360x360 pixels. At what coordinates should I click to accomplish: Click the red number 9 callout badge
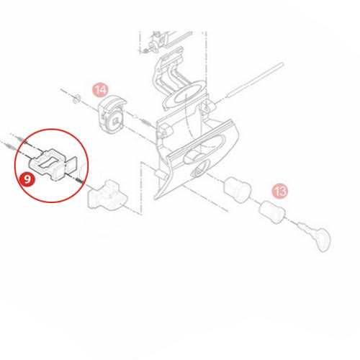(27, 179)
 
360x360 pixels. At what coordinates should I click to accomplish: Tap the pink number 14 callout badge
(100, 90)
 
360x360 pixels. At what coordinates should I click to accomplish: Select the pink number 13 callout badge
(279, 192)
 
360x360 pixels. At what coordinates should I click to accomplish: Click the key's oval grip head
(323, 240)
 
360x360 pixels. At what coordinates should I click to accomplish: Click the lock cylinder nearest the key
(272, 212)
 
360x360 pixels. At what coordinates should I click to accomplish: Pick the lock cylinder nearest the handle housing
(238, 189)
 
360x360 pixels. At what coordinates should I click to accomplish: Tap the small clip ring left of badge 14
(76, 99)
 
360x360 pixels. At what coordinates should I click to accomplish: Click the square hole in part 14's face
(116, 121)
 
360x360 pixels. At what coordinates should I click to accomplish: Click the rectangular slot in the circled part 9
(48, 162)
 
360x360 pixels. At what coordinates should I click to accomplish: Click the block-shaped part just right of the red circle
(107, 194)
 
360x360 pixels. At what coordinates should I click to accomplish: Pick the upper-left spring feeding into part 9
(21, 139)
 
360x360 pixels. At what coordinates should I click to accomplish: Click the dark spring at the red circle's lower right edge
(79, 181)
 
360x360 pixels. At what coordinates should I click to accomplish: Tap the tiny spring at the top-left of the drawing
(145, 51)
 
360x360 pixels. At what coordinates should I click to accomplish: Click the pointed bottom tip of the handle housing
(156, 199)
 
